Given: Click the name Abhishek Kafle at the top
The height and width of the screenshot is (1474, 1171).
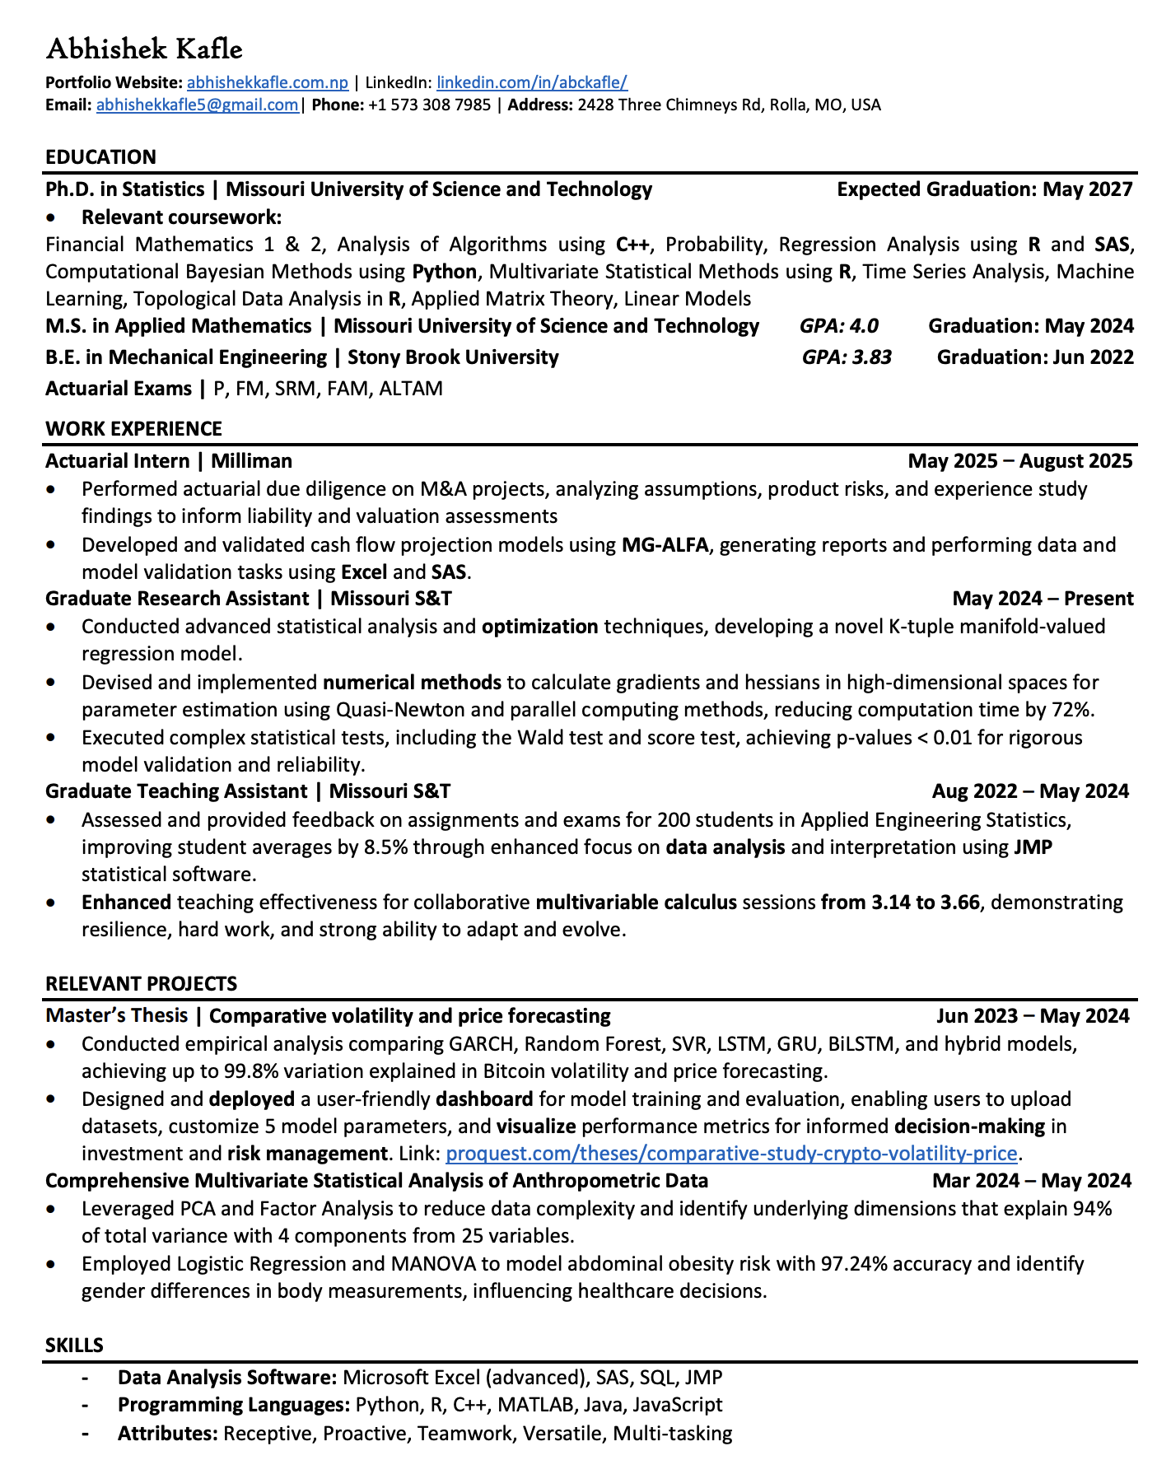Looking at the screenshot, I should pyautogui.click(x=144, y=49).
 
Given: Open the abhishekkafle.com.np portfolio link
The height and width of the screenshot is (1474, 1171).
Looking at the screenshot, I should pyautogui.click(x=268, y=82).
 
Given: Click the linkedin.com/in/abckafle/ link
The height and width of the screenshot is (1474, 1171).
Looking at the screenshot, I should pyautogui.click(x=532, y=82).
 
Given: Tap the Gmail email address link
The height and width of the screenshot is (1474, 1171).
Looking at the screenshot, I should pyautogui.click(x=198, y=105).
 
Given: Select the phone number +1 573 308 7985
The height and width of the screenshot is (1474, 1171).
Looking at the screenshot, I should pyautogui.click(x=429, y=105).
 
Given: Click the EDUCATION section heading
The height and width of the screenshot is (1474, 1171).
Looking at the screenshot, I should pyautogui.click(x=100, y=157).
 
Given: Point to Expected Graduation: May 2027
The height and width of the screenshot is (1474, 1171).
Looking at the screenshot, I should pyautogui.click(x=985, y=189).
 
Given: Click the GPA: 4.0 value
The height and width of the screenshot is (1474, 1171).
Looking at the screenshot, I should pyautogui.click(x=838, y=326).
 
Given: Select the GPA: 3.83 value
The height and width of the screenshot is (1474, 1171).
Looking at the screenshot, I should pyautogui.click(x=846, y=357).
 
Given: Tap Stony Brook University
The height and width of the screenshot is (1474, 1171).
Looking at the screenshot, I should pyautogui.click(x=453, y=357).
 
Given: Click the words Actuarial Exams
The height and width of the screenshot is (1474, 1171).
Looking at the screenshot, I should pyautogui.click(x=119, y=389).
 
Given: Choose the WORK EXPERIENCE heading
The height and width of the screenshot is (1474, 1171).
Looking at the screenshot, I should pyautogui.click(x=133, y=429).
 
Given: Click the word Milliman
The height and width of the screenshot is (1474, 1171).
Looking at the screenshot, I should pyautogui.click(x=252, y=461).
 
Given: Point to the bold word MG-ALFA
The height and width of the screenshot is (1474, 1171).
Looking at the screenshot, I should pyautogui.click(x=665, y=545).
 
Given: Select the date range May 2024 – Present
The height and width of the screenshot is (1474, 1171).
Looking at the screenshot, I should pyautogui.click(x=1043, y=599).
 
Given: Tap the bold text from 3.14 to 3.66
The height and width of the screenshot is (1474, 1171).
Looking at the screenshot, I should pyautogui.click(x=900, y=903).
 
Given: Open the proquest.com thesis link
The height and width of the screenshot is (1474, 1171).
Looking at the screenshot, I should pyautogui.click(x=731, y=1154).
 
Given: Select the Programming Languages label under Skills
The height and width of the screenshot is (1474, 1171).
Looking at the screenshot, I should pyautogui.click(x=234, y=1405).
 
